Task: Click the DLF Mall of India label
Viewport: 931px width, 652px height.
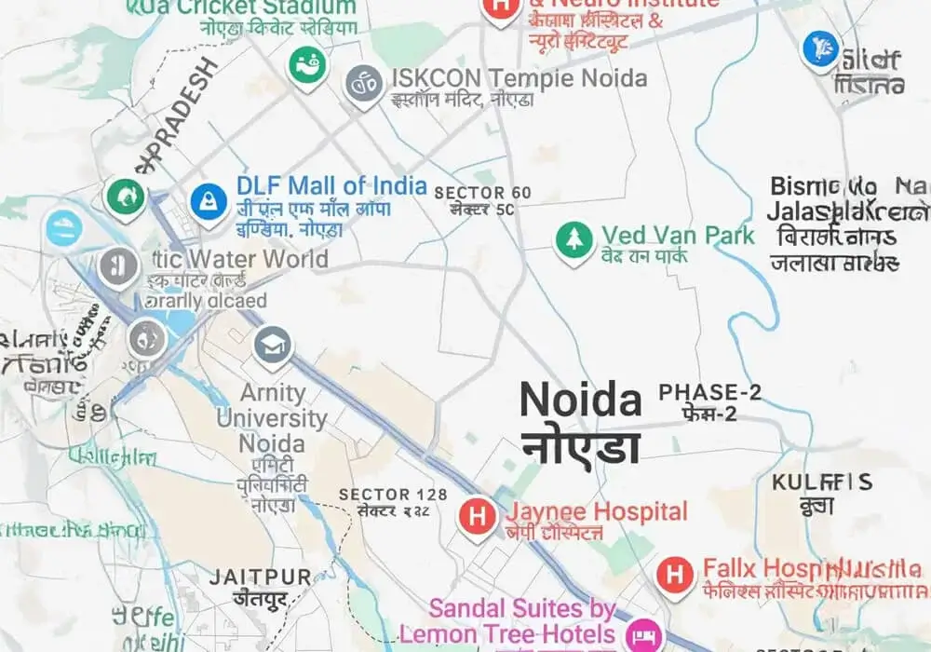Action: coord(331,185)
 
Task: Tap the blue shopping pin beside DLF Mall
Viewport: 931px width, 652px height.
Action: coord(209,200)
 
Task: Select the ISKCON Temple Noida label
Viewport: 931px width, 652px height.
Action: coord(519,78)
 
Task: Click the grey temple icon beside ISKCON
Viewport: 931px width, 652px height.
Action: coord(365,84)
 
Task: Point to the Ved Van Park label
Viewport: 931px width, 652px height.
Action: coord(677,235)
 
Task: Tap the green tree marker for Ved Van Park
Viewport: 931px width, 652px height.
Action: coord(574,239)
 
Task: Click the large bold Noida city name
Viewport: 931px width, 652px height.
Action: coord(581,401)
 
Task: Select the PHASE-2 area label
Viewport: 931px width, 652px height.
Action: coord(709,392)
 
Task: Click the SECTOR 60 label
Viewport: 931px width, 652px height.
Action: coord(482,193)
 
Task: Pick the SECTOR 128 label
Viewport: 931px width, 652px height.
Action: coord(393,495)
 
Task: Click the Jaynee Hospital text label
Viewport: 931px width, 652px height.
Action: coord(597,511)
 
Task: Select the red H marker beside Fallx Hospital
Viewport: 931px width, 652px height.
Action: coord(675,574)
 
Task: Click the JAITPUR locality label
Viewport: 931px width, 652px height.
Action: coord(260,577)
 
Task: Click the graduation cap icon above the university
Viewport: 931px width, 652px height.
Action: coord(273,345)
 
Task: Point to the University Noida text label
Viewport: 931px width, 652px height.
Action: coord(271,418)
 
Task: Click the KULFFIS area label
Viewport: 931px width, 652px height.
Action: coord(822,482)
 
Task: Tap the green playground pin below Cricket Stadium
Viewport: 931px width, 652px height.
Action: coord(306,65)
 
